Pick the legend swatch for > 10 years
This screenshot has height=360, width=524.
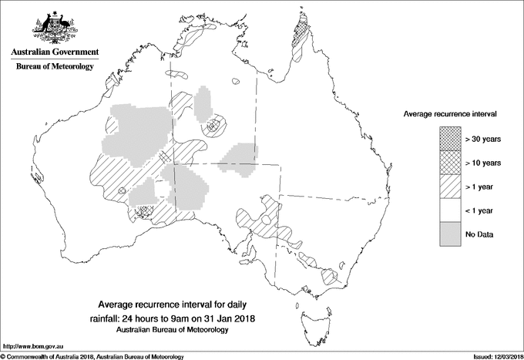[x=450, y=163]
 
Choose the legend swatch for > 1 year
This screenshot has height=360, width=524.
[x=450, y=187]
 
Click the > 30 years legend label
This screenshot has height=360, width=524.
[x=483, y=139]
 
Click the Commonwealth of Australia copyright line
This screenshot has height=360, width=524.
[x=92, y=356]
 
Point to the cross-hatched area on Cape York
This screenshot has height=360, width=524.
[x=302, y=35]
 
